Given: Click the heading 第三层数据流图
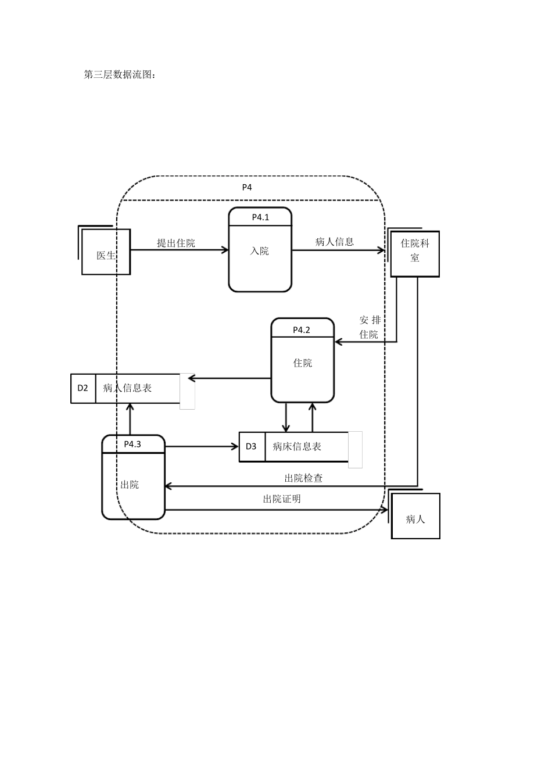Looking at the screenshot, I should point(120,75).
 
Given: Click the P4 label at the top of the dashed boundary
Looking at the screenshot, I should point(247,187).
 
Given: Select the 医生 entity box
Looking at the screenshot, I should point(106,252).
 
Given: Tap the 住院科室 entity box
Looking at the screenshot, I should point(415,254).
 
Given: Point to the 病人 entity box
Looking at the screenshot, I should point(415,516).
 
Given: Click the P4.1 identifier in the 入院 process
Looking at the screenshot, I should point(260,217).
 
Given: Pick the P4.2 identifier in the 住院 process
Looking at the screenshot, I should point(302,329).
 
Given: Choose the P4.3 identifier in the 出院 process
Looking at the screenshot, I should point(132,444).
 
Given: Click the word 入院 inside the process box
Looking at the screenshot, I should point(260,251).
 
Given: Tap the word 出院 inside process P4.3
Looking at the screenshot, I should point(130,485).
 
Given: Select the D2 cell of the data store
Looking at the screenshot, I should point(83,388).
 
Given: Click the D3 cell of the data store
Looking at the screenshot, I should point(251,446).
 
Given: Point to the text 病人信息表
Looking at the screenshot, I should point(127,388).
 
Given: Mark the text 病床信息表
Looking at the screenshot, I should point(297,447).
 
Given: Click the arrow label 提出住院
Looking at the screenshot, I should point(176,243).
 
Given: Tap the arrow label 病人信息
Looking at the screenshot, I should point(335,242).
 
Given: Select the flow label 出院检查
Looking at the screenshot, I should point(303,478).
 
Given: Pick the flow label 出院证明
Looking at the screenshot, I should point(282,499).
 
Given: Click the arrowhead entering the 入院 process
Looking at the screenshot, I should point(225,250).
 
